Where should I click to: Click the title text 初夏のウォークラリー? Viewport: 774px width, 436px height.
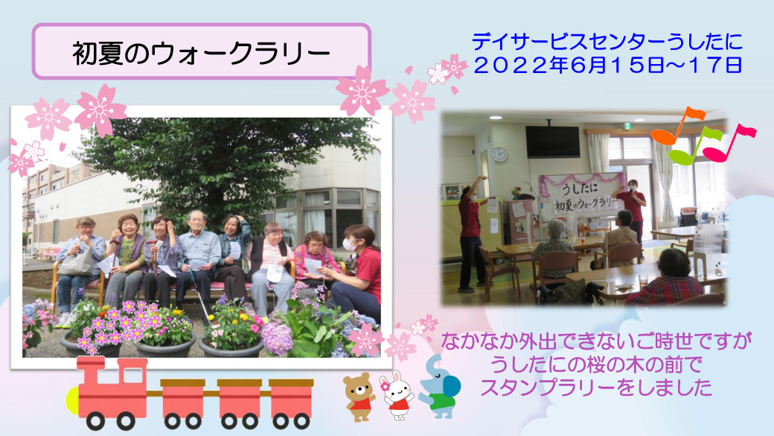coord(202,53)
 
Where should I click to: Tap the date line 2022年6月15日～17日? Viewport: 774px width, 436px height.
coord(607,66)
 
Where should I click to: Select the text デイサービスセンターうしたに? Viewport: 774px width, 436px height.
coord(607,42)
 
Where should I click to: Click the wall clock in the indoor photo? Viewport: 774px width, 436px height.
coord(499,155)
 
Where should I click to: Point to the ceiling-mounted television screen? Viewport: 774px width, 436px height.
coord(552,142)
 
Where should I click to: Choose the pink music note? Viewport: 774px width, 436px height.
coord(729,143)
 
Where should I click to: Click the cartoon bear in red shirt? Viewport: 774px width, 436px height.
coord(359,396)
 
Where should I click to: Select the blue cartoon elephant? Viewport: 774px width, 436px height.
coord(440,388)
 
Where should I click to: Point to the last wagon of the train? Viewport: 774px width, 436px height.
coord(291,403)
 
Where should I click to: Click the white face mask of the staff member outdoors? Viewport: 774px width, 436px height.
coord(350,244)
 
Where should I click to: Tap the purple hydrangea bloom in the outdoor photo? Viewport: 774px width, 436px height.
coord(276,338)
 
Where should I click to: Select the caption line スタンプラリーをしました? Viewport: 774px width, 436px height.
coord(596,388)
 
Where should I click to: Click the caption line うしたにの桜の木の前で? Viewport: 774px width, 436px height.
coord(596,364)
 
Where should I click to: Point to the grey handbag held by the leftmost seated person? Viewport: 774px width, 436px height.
coord(76,263)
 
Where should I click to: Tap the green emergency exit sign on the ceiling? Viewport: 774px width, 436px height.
coord(627,125)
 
